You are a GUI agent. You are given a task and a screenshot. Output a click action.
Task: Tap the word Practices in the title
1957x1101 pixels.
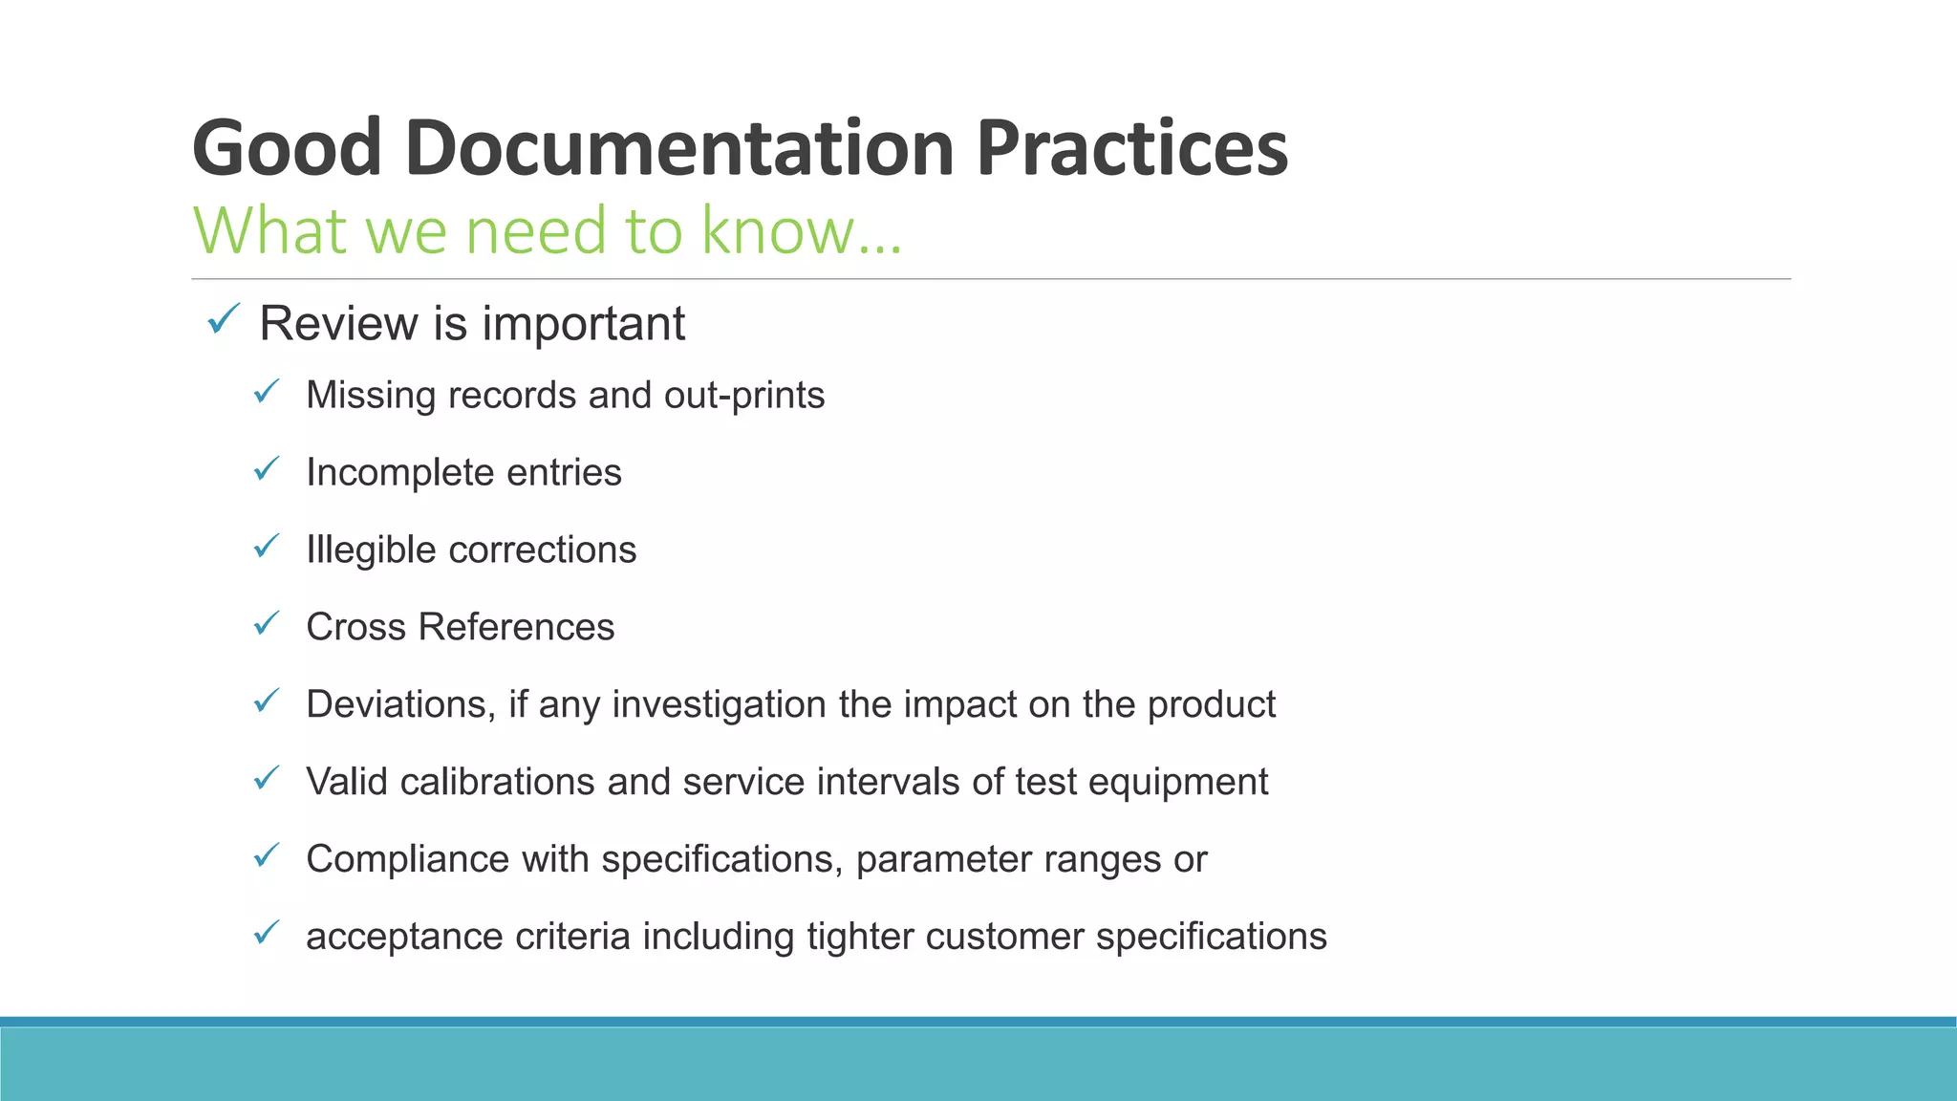(1131, 148)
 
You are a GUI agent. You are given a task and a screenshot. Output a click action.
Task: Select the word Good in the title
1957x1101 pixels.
(287, 148)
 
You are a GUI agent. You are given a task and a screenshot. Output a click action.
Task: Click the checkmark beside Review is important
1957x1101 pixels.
(223, 319)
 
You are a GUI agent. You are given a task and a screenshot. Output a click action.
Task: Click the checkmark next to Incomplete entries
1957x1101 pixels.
(266, 468)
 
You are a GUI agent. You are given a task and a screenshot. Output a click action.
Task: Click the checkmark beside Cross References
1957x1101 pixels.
(266, 623)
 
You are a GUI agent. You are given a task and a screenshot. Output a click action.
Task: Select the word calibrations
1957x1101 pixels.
(498, 782)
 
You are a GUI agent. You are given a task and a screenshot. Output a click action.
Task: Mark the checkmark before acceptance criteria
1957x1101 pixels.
(266, 932)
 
